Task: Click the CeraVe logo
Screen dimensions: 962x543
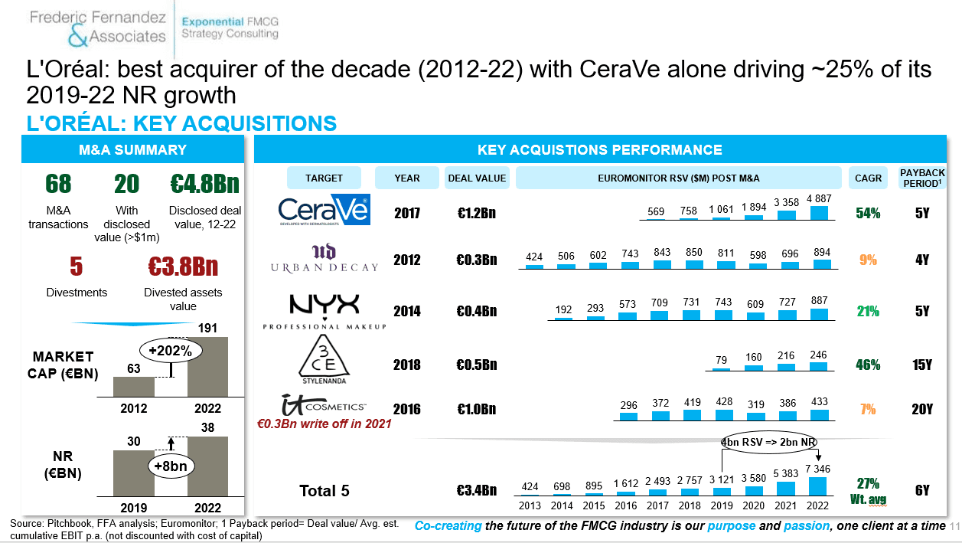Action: (324, 210)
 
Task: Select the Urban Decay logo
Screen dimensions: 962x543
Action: (324, 258)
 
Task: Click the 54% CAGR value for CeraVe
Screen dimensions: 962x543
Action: (868, 213)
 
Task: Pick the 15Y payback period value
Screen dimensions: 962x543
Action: (922, 365)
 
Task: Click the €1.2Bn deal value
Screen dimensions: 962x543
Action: (477, 213)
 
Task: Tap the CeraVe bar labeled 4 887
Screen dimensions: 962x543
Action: (819, 213)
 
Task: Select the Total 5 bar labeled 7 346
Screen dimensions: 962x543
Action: (817, 486)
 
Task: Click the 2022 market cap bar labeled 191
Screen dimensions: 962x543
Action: (208, 367)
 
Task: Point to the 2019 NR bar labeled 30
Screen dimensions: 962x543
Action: (134, 473)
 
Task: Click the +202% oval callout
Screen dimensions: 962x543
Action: (171, 351)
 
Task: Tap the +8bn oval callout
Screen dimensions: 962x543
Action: (171, 466)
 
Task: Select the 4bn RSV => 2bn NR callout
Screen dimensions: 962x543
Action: (768, 442)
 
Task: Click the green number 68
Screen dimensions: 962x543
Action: (58, 184)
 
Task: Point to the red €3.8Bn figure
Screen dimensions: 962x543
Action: (183, 266)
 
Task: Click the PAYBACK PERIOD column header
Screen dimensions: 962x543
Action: (922, 178)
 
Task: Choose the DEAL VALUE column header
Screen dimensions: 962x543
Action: (477, 178)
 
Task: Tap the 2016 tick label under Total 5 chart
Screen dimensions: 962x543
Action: (626, 505)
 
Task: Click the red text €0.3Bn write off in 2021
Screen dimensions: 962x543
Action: (324, 424)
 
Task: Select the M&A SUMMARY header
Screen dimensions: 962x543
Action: (132, 149)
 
